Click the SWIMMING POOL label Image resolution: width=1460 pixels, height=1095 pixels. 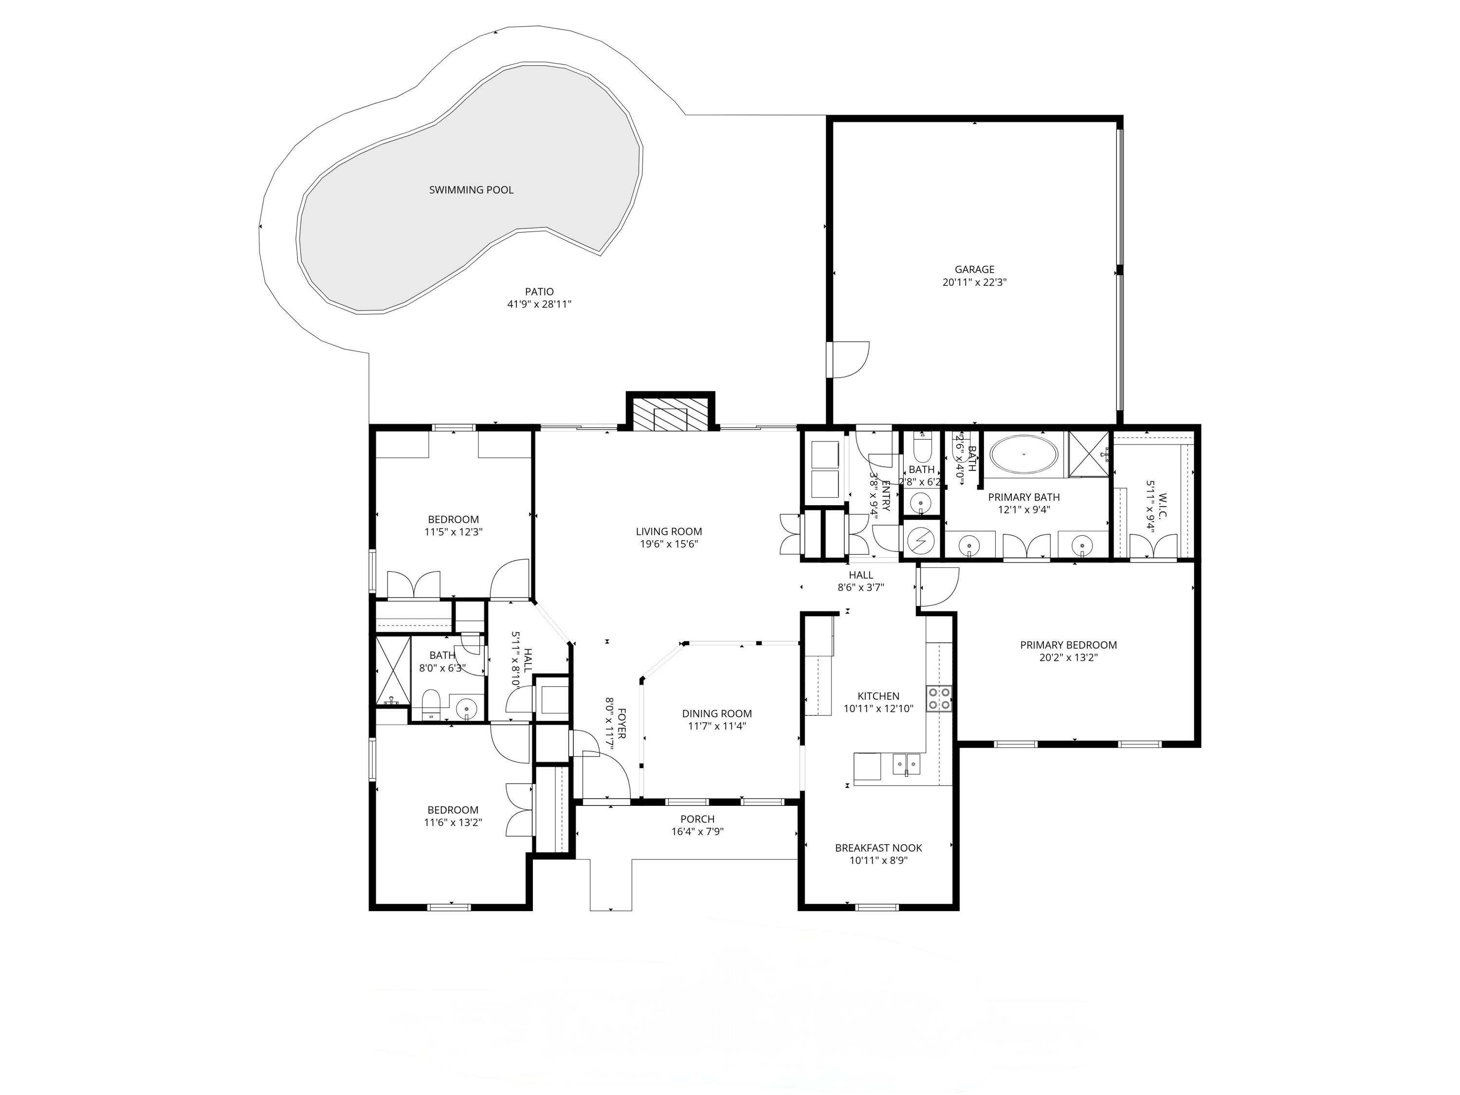(471, 190)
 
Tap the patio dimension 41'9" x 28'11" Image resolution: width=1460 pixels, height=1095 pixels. (539, 304)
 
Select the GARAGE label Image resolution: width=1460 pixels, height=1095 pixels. (974, 269)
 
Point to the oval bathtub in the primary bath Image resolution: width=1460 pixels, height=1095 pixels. (1024, 454)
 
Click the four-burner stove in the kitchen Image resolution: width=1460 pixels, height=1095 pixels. (939, 698)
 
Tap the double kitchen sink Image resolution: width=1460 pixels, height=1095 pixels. (907, 765)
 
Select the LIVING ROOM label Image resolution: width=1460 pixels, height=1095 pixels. (669, 531)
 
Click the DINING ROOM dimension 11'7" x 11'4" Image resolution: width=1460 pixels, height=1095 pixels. (717, 726)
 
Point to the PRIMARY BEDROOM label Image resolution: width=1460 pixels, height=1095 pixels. (1068, 645)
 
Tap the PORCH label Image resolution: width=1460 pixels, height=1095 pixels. (697, 819)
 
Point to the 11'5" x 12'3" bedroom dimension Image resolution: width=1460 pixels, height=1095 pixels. (453, 532)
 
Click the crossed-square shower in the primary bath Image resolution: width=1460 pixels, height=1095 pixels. (1089, 454)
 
